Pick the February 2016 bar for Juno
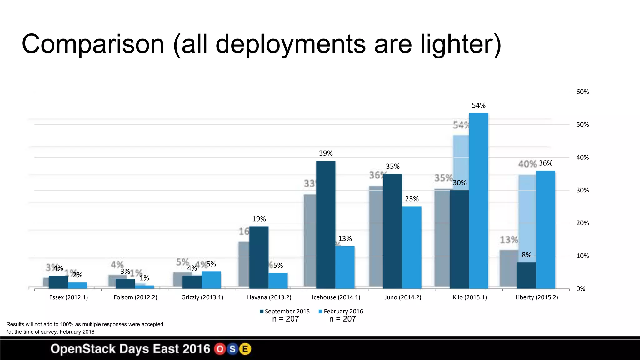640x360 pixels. click(x=412, y=247)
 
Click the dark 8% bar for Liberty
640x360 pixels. click(x=526, y=275)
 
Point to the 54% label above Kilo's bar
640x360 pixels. click(x=478, y=105)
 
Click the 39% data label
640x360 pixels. click(x=326, y=153)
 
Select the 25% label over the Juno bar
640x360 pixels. click(x=412, y=199)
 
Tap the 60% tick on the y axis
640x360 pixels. click(x=582, y=92)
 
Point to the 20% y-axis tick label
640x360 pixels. click(x=582, y=223)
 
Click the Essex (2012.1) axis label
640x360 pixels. click(x=68, y=297)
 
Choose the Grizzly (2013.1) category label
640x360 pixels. click(x=202, y=297)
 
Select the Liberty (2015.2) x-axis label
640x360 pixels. click(x=537, y=297)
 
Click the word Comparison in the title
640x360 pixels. click(x=93, y=44)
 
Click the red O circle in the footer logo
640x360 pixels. click(x=220, y=349)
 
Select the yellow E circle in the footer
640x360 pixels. click(x=245, y=349)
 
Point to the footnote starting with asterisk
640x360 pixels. click(x=50, y=332)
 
